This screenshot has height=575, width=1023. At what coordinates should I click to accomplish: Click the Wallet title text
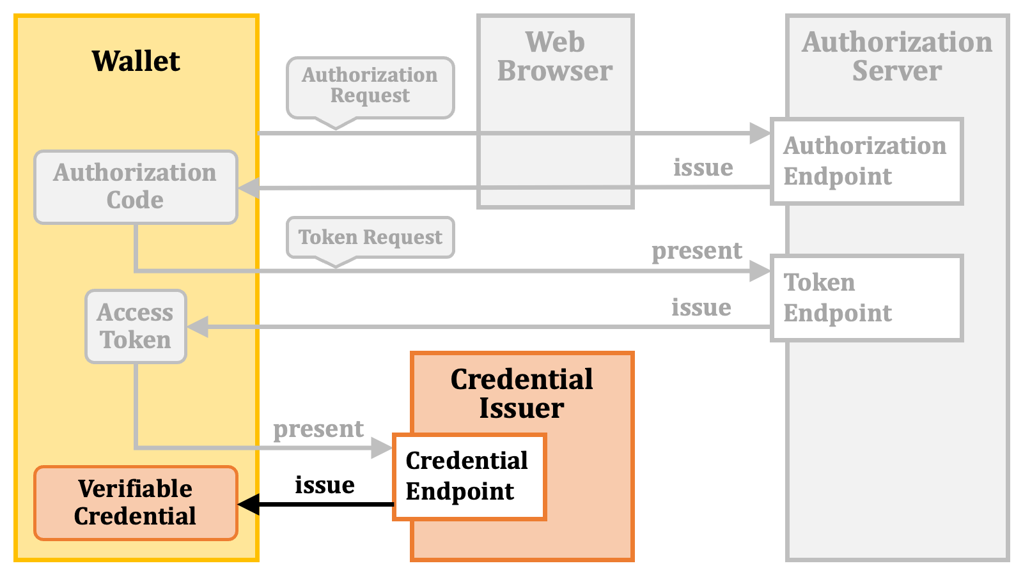click(136, 61)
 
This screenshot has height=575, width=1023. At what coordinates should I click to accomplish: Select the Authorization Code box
click(136, 187)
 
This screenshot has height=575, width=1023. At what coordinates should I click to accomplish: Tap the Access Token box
click(136, 326)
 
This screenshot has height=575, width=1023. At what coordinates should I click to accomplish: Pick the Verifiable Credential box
click(136, 503)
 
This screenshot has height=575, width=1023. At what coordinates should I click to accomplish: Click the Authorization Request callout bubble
click(370, 88)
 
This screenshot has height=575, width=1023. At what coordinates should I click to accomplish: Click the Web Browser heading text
click(555, 56)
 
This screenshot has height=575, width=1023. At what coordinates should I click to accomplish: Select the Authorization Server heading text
click(897, 56)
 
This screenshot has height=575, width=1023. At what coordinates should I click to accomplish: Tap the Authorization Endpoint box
click(867, 161)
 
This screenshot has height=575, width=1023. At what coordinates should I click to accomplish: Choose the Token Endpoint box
click(867, 298)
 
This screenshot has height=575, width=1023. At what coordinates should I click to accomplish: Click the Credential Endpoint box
click(469, 477)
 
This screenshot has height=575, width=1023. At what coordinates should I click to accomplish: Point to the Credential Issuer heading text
click(522, 393)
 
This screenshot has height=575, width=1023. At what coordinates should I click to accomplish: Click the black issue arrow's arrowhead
click(249, 504)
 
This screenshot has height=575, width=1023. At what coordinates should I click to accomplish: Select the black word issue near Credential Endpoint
click(325, 484)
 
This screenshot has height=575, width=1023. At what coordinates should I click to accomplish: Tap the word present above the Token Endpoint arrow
click(697, 251)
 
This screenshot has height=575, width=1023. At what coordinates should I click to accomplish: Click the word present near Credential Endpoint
click(318, 429)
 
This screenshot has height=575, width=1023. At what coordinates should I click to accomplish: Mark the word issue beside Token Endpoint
click(701, 307)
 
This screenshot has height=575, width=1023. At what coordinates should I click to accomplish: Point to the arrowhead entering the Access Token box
click(198, 326)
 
